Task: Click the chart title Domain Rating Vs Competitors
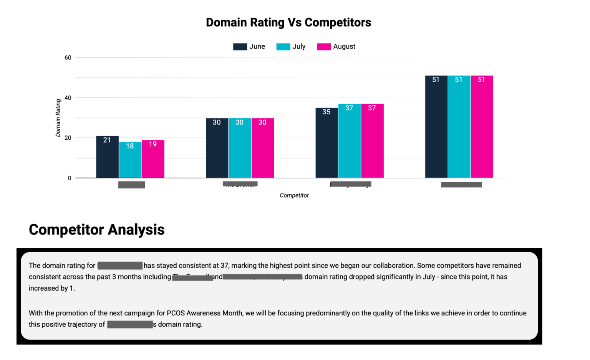click(x=288, y=23)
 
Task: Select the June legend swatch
click(x=240, y=47)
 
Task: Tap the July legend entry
click(x=291, y=47)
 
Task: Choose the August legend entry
click(x=336, y=47)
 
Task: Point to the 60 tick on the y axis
click(x=68, y=58)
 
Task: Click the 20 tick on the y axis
click(x=68, y=138)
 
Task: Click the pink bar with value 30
click(x=262, y=150)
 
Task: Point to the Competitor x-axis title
click(x=294, y=195)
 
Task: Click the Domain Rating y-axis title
click(x=58, y=118)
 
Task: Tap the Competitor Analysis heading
click(x=96, y=230)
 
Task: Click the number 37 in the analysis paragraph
click(x=224, y=266)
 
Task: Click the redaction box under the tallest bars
click(x=461, y=185)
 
